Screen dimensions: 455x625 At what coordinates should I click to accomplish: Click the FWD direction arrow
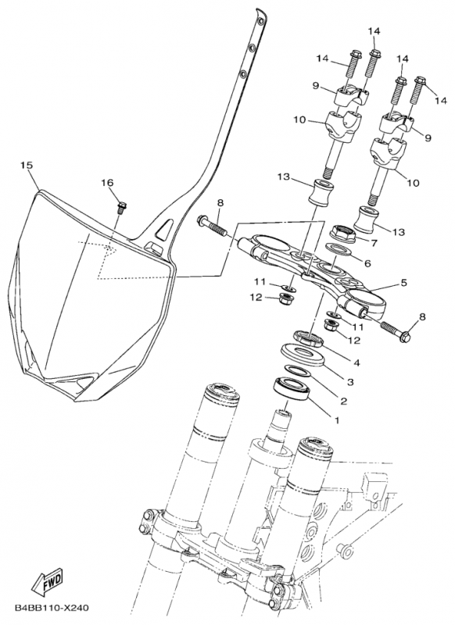(x=47, y=581)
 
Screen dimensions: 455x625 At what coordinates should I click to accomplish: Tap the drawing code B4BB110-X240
(x=52, y=608)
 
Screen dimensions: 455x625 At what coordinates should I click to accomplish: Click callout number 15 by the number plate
(x=27, y=166)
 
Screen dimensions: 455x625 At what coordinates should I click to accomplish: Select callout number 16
(x=107, y=183)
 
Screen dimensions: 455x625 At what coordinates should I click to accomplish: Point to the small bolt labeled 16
(x=121, y=207)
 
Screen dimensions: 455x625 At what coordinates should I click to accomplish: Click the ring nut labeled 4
(x=308, y=338)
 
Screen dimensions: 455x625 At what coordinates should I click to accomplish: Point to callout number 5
(x=403, y=283)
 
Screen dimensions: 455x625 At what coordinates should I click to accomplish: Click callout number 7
(x=374, y=243)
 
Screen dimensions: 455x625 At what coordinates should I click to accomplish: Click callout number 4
(x=356, y=362)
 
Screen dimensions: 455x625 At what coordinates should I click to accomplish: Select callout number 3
(x=350, y=382)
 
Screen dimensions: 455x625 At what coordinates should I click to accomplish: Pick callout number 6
(x=367, y=263)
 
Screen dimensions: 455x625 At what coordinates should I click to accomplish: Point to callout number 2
(x=343, y=401)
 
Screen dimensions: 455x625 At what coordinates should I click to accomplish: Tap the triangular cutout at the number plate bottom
(x=84, y=380)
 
